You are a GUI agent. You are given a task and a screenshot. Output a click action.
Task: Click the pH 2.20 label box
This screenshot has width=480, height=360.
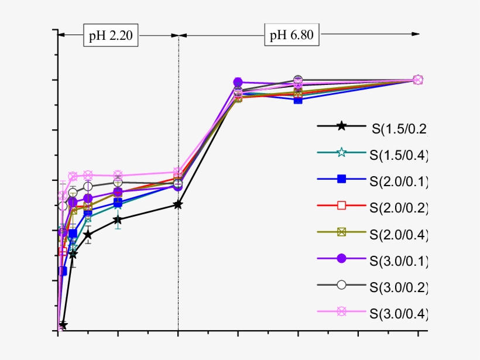click(x=111, y=35)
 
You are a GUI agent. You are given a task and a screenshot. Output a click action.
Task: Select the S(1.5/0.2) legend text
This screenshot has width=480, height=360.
click(x=400, y=129)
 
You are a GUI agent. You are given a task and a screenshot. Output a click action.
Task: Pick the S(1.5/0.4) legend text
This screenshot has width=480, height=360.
click(x=400, y=155)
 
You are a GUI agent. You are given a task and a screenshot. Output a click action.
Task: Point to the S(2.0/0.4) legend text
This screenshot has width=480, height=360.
click(x=400, y=234)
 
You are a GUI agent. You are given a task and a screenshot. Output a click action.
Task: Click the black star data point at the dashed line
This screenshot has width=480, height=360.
click(x=178, y=204)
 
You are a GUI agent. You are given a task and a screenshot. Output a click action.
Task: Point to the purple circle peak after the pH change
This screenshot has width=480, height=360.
click(x=238, y=82)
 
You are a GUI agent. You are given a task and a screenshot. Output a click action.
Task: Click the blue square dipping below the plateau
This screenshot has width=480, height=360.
click(x=299, y=100)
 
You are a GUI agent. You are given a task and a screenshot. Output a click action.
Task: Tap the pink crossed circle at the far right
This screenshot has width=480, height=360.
click(x=418, y=80)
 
